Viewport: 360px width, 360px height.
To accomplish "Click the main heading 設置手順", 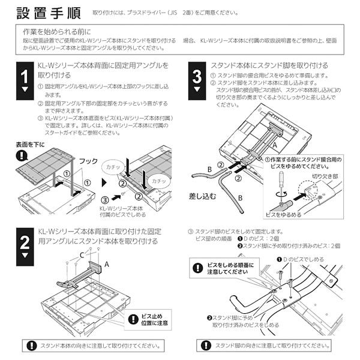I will (x=50, y=12).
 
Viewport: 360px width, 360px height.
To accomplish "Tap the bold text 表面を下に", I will (x=31, y=145).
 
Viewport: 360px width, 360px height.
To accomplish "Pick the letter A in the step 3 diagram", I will (x=274, y=145).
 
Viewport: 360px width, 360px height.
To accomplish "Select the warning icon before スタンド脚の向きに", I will (x=207, y=346).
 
